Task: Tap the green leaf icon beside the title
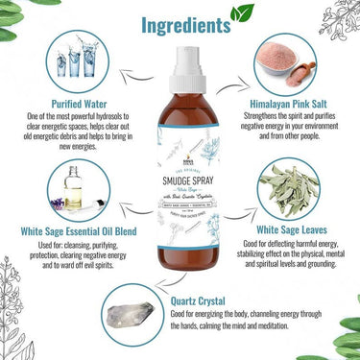(244, 13)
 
